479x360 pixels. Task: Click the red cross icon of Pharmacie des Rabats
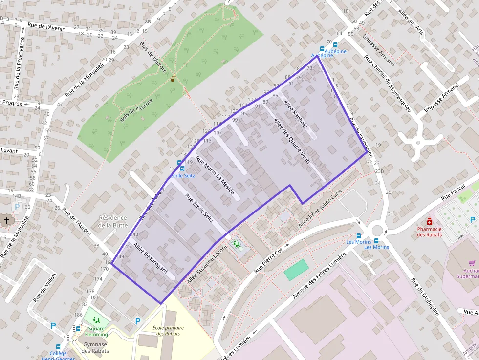tap(430, 221)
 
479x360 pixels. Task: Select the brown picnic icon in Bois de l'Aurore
tap(173, 78)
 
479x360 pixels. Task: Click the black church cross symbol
tap(7, 221)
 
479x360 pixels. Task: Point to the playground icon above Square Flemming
tap(96, 320)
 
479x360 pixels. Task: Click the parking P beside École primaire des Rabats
tap(138, 321)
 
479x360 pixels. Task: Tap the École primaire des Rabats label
tap(168, 330)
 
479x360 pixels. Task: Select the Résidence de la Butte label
tap(112, 221)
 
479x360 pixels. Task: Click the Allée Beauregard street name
tap(151, 258)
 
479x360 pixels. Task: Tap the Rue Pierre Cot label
tap(268, 260)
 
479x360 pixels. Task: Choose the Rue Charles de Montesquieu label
tap(390, 84)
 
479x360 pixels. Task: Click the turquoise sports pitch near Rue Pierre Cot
tap(296, 270)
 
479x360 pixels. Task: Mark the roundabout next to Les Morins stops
tap(377, 229)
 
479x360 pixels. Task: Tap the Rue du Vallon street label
tap(45, 287)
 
